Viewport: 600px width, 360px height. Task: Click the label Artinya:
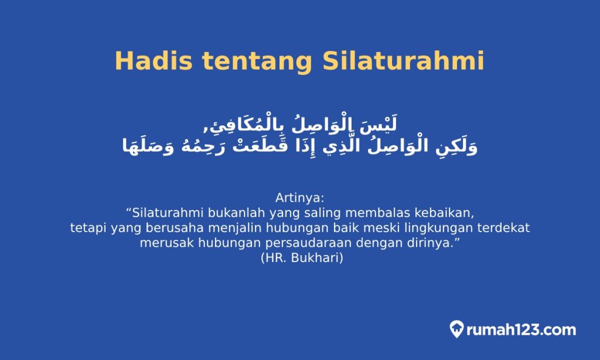(x=299, y=196)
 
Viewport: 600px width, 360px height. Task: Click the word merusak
(x=162, y=243)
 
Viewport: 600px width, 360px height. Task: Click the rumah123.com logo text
(x=521, y=330)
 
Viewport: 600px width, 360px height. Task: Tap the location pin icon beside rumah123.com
(x=457, y=329)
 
